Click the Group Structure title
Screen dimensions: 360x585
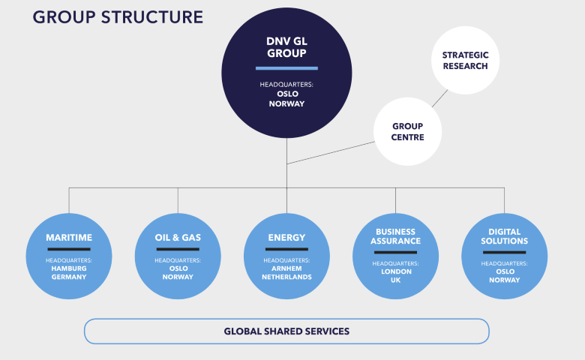pyautogui.click(x=118, y=17)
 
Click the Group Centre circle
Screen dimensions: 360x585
pyautogui.click(x=407, y=132)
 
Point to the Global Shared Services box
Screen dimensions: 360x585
pyautogui.click(x=286, y=331)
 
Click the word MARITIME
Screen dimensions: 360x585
pyautogui.click(x=69, y=238)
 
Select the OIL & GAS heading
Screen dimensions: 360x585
pyautogui.click(x=178, y=238)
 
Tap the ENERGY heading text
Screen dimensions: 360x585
pyautogui.click(x=286, y=238)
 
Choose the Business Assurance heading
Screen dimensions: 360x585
pyautogui.click(x=395, y=236)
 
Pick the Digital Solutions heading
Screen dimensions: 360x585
pyautogui.click(x=504, y=236)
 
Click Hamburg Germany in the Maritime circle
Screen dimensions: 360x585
pyautogui.click(x=69, y=272)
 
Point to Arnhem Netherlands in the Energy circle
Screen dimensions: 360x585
pyautogui.click(x=286, y=272)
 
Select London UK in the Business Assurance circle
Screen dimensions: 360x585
pyautogui.click(x=395, y=276)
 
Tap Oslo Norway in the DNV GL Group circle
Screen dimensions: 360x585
pyautogui.click(x=286, y=98)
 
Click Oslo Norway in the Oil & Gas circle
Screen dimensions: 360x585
pyautogui.click(x=178, y=272)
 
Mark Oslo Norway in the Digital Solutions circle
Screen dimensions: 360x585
pyautogui.click(x=504, y=276)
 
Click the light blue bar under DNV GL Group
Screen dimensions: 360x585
pyautogui.click(x=286, y=68)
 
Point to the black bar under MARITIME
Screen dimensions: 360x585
pyautogui.click(x=69, y=249)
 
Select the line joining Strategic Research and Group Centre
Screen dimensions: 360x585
pyautogui.click(x=439, y=100)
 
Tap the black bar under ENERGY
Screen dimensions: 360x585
pyautogui.click(x=286, y=249)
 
